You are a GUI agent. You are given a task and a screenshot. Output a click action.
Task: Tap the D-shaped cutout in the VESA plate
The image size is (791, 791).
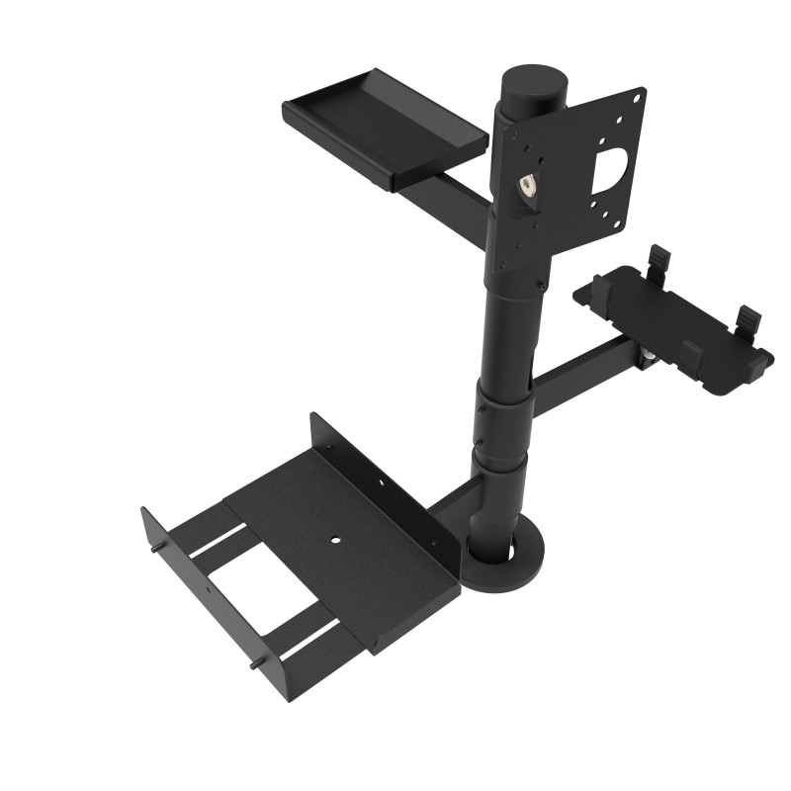click(612, 169)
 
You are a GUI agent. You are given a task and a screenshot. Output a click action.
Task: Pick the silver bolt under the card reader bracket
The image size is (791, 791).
click(649, 353)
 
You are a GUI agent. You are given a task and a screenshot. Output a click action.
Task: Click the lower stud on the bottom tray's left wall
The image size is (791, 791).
click(255, 665)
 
